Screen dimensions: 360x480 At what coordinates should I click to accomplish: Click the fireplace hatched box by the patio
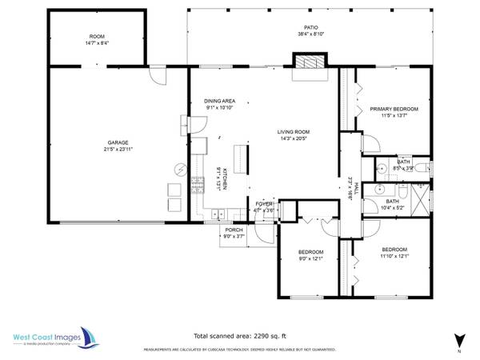309,62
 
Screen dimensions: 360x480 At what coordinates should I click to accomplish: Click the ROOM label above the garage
97,37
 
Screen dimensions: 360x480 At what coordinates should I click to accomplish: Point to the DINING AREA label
219,101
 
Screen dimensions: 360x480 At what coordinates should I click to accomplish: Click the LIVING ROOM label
294,132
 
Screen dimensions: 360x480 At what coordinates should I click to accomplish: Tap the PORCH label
234,230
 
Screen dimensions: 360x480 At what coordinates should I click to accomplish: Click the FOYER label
265,204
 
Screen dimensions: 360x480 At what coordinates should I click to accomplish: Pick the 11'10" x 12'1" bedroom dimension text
394,257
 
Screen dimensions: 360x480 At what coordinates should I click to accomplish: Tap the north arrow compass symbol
458,340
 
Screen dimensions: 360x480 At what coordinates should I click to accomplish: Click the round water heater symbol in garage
181,170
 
